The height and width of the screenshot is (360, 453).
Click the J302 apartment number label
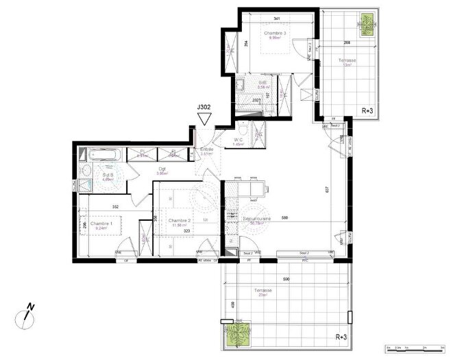click(204, 108)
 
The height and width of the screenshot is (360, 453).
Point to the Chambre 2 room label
click(180, 222)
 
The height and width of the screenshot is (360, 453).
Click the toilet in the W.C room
click(244, 130)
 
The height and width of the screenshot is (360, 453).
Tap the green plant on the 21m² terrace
click(238, 334)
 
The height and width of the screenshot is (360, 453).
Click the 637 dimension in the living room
click(336, 190)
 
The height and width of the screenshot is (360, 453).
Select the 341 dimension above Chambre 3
click(276, 18)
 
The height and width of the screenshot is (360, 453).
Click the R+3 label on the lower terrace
click(341, 337)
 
